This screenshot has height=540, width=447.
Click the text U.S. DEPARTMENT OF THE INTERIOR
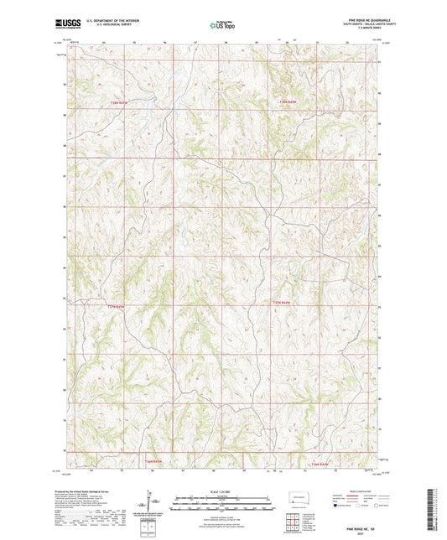tap(112, 23)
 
